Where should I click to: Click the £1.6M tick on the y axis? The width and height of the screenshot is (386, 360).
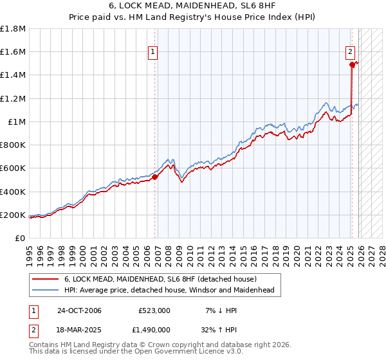[x=13, y=52]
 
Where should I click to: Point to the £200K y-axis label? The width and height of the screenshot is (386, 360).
[x=13, y=215]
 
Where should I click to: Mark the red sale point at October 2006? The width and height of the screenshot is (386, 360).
[x=155, y=177]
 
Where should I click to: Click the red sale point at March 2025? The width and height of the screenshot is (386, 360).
[x=353, y=64]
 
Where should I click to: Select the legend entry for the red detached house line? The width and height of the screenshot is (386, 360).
[x=160, y=279]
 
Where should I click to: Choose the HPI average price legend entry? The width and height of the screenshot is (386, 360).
[x=169, y=291]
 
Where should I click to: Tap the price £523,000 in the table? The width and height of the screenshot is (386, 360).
[x=154, y=310]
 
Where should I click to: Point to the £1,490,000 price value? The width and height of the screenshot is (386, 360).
[x=151, y=330]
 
